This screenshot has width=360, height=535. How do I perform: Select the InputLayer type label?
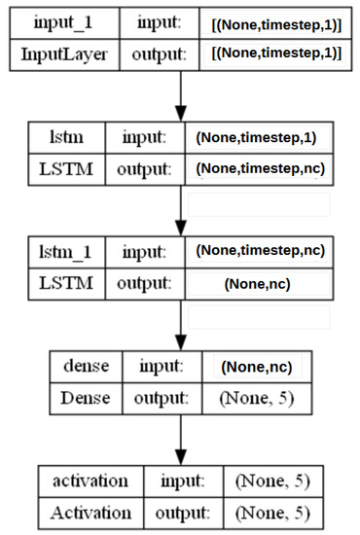tap(64, 53)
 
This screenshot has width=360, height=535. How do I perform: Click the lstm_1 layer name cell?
tap(67, 251)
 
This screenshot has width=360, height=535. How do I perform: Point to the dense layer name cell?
tap(86, 367)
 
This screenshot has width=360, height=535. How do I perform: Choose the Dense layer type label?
tap(86, 397)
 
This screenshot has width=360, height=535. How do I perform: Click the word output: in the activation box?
tap(177, 512)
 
